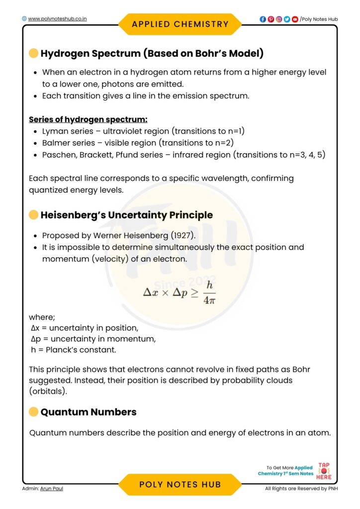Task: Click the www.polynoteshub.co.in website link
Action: pos(58,19)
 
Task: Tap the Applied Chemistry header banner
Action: pos(180,24)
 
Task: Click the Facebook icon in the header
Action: pos(263,19)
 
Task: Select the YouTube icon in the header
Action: pos(295,19)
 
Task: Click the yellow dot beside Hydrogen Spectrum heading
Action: pos(33,53)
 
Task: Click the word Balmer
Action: pos(56,143)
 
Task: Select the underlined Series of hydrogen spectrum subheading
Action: pos(88,120)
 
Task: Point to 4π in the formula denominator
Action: pos(209,301)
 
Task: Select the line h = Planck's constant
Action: pos(73,350)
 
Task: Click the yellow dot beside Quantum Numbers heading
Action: pos(33,412)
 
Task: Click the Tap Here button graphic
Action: pos(324,471)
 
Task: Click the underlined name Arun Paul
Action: pos(52,489)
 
